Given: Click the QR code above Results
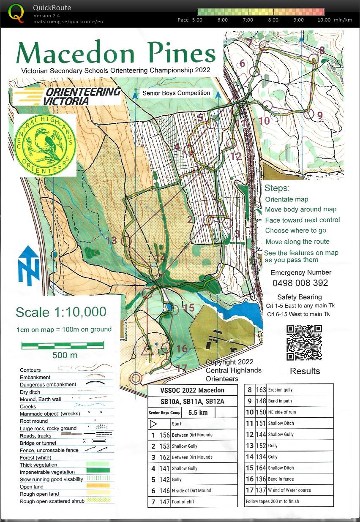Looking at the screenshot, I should click(x=304, y=342).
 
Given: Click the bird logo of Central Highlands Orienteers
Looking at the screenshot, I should click(x=45, y=145).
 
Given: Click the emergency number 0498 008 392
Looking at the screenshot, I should click(x=300, y=283).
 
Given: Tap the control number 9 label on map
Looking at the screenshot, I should click(x=319, y=115).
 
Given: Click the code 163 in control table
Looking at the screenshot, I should click(x=261, y=390).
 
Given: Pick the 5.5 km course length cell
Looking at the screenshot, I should click(x=198, y=412).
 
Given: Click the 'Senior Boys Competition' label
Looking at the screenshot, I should click(x=176, y=93).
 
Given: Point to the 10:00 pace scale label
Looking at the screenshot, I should click(x=323, y=20).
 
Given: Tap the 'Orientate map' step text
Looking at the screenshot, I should click(x=286, y=199).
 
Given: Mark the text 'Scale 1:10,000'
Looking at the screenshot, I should click(x=61, y=312).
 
